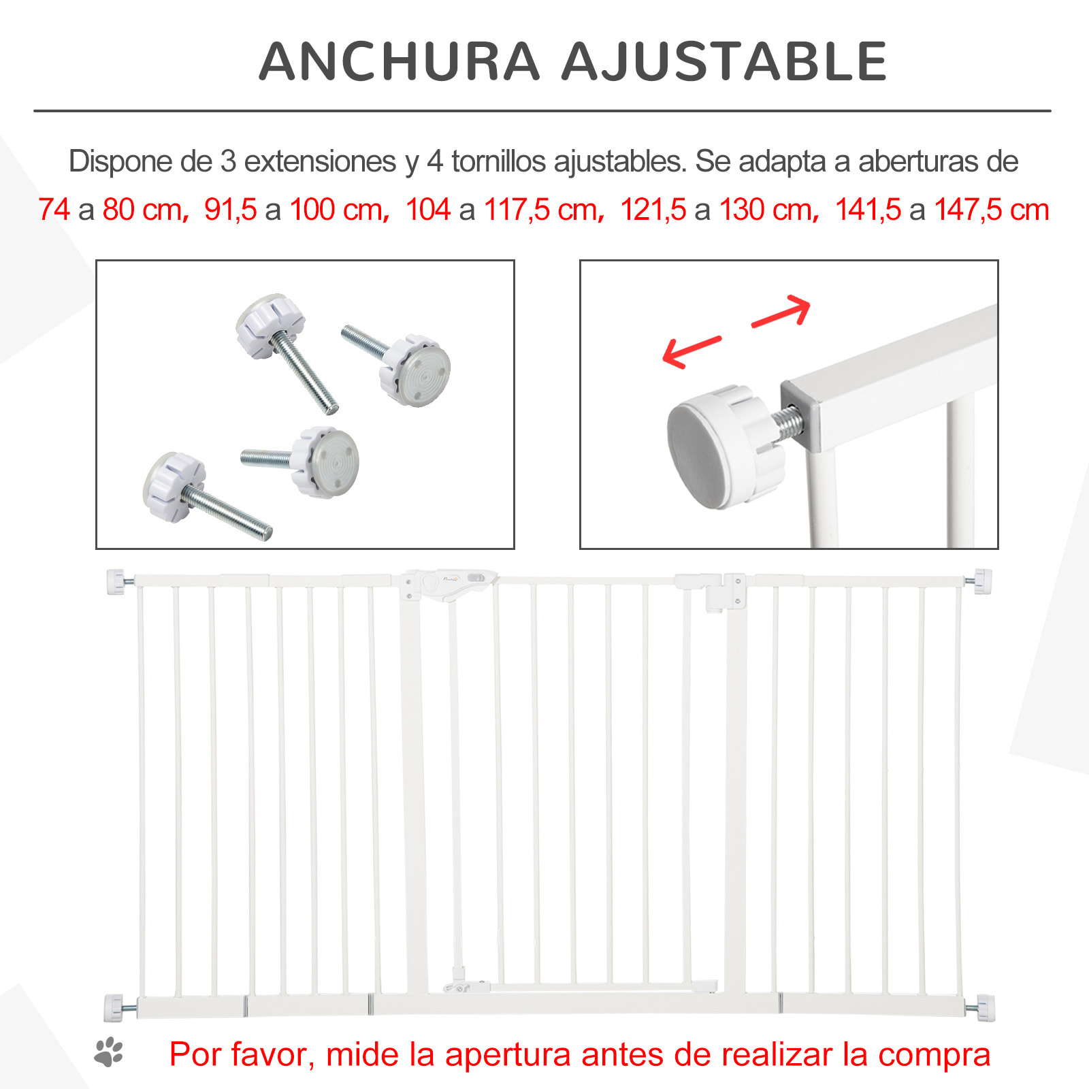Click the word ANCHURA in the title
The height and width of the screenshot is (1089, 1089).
[400, 61]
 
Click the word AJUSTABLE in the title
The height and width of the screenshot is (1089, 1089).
[724, 61]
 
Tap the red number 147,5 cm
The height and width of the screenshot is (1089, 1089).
[991, 210]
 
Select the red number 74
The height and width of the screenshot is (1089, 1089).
[54, 210]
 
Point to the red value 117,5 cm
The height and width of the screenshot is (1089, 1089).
[541, 210]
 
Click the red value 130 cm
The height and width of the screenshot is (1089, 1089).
[766, 210]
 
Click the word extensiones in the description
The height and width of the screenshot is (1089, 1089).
[320, 161]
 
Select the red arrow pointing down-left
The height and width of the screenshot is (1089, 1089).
[689, 351]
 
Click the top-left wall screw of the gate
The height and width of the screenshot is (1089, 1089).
[117, 582]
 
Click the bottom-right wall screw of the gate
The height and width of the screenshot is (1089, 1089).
[983, 1007]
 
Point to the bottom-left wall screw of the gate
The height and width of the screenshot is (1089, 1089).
[116, 1007]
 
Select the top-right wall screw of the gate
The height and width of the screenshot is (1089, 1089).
[981, 581]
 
